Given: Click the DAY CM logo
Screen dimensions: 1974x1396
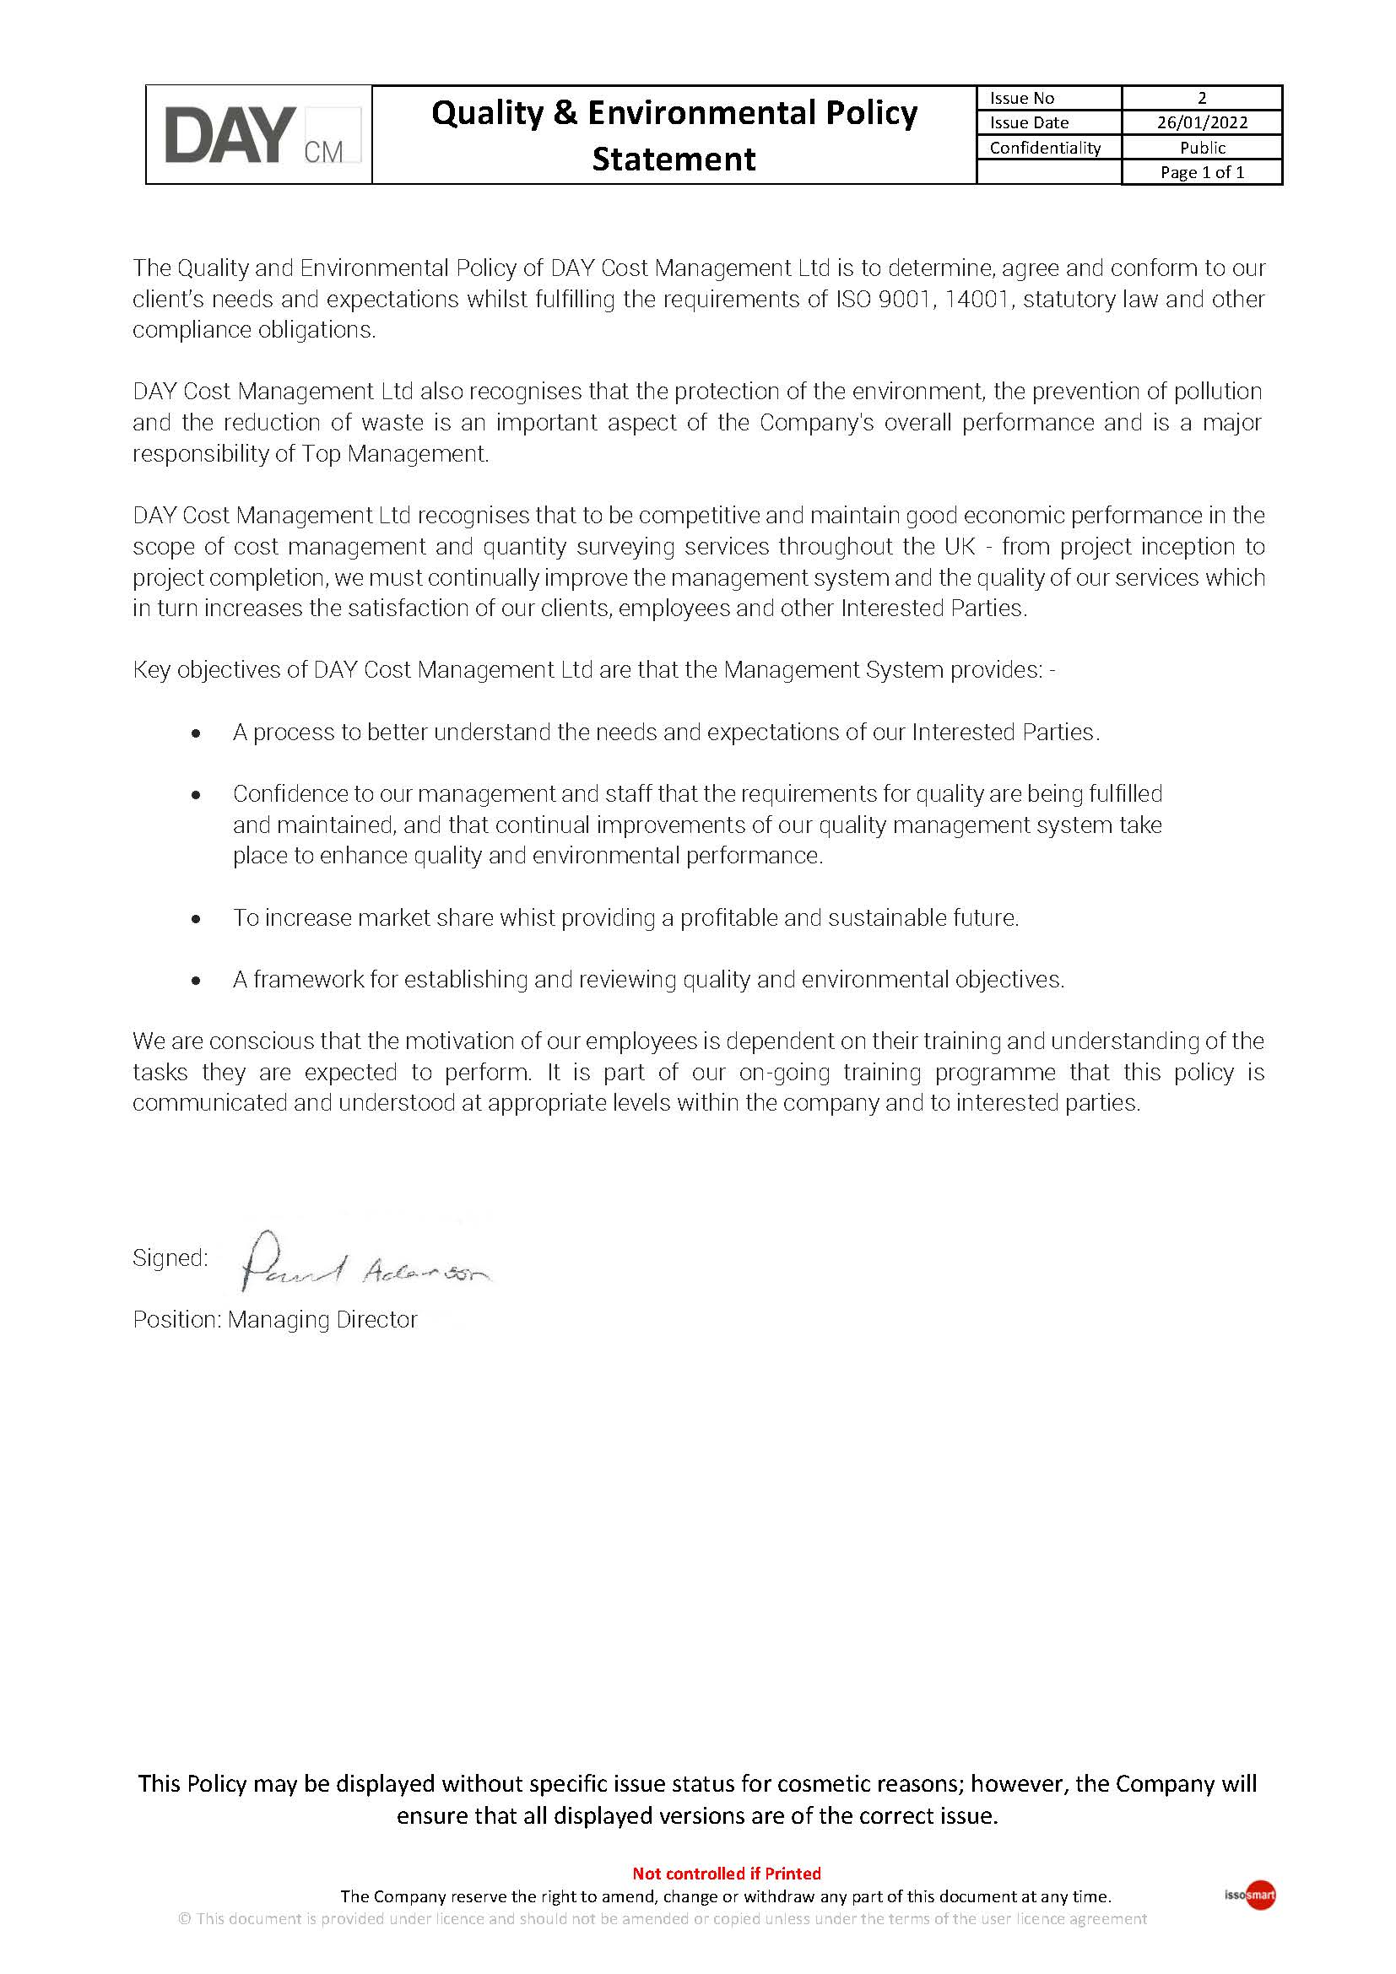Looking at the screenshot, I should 262,135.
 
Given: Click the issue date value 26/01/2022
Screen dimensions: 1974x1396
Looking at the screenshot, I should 1202,122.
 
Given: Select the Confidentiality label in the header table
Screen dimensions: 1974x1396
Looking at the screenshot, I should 1044,147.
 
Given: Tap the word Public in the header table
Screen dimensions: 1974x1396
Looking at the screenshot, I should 1202,147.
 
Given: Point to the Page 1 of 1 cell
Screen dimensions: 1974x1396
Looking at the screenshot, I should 1202,172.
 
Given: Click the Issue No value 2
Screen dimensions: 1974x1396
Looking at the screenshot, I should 1202,98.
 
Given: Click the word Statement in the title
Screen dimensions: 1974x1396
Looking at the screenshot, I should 674,159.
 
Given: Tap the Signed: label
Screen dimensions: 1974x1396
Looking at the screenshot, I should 170,1257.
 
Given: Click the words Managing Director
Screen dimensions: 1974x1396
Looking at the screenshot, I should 322,1320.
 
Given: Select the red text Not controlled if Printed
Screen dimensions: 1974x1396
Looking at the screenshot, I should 727,1874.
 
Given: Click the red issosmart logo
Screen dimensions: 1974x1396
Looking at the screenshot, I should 1259,1895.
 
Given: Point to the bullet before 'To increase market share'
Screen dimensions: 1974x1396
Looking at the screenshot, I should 197,919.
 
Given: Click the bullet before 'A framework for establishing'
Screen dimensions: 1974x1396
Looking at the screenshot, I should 197,980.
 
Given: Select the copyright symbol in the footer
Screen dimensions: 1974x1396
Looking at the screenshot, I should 184,1919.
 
